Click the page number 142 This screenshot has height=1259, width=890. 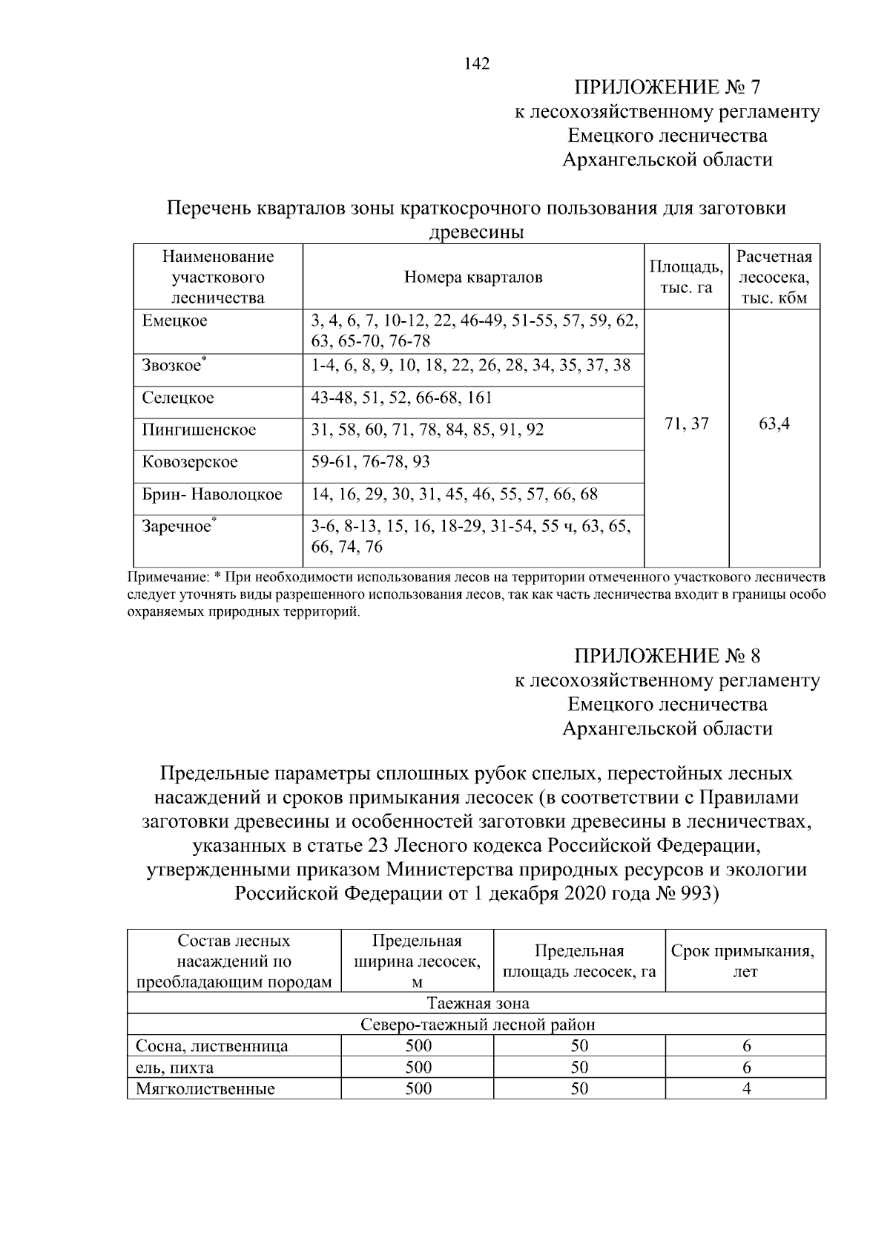click(x=477, y=65)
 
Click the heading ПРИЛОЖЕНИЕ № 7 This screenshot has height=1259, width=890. click(x=667, y=88)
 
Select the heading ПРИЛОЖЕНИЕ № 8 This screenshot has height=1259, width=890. click(x=667, y=656)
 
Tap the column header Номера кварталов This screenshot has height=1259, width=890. click(x=473, y=277)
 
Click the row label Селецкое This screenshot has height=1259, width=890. click(x=178, y=398)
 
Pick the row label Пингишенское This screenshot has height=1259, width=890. click(x=199, y=430)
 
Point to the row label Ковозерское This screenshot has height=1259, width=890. click(x=190, y=462)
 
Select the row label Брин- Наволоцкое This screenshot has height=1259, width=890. click(x=212, y=494)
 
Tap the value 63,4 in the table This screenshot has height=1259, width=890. click(x=774, y=424)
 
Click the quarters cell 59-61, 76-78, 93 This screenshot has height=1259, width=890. click(x=371, y=462)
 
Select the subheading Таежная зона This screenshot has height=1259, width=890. click(x=478, y=1003)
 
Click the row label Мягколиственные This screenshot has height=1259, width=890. click(x=205, y=1089)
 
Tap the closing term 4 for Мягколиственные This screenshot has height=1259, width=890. click(x=746, y=1089)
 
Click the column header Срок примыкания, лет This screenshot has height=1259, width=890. click(x=745, y=961)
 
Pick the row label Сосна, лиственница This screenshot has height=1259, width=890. click(x=212, y=1046)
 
